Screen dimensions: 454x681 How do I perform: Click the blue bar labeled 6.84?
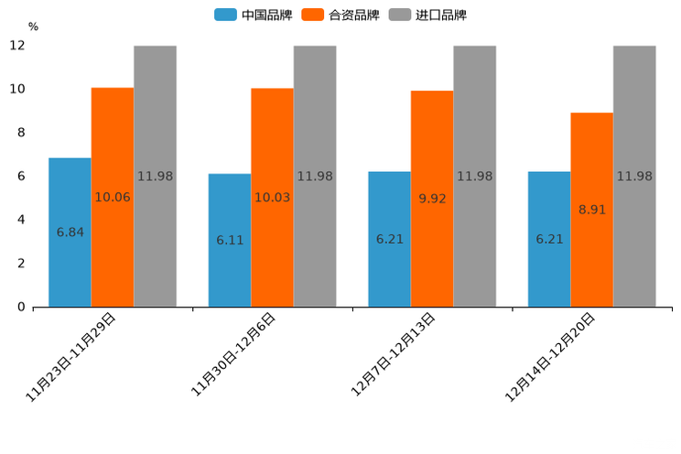point(70,232)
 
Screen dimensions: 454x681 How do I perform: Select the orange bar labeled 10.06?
point(113,197)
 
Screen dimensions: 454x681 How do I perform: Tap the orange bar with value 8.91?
point(592,210)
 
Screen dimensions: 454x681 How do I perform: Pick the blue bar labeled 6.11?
point(230,240)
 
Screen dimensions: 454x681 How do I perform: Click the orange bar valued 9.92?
point(432,199)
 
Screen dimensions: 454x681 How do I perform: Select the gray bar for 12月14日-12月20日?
point(634,176)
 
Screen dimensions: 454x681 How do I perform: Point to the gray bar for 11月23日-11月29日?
point(155,176)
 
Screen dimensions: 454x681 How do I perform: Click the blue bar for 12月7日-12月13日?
point(389,239)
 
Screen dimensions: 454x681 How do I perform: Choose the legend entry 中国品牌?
point(254,15)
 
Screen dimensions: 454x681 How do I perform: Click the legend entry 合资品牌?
point(340,15)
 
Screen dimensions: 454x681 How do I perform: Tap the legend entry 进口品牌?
point(427,15)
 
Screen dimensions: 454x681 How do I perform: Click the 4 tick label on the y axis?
point(21,220)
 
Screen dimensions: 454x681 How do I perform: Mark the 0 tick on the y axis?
point(21,307)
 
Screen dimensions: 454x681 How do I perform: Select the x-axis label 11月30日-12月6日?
point(232,354)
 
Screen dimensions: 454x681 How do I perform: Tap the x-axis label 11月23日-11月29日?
point(70,357)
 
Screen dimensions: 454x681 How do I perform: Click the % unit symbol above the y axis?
point(33,27)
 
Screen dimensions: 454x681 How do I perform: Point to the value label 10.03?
point(273,198)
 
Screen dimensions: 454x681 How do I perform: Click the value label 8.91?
point(592,210)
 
